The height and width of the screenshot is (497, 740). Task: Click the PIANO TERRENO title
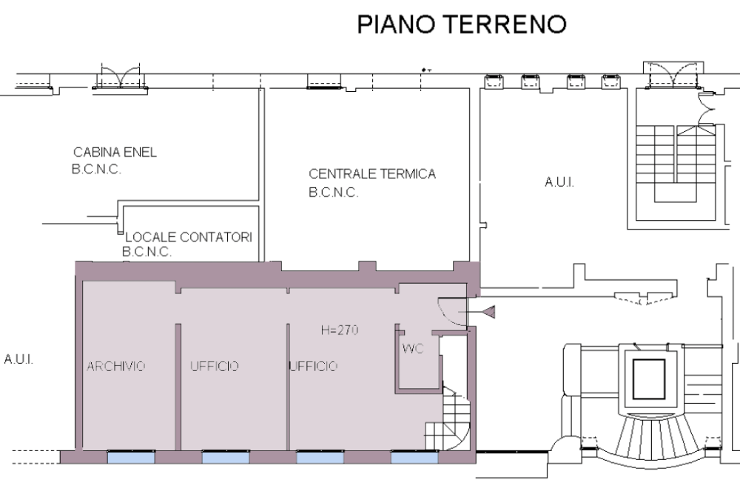pyautogui.click(x=462, y=24)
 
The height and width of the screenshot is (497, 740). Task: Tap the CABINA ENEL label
pyautogui.click(x=115, y=153)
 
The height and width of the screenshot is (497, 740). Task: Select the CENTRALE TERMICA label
pyautogui.click(x=372, y=174)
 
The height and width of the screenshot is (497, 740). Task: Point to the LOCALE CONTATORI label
pyautogui.click(x=189, y=237)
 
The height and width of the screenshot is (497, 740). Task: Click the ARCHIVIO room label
pyautogui.click(x=116, y=366)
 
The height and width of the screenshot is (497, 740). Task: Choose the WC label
pyautogui.click(x=413, y=349)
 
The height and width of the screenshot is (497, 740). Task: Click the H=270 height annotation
pyautogui.click(x=340, y=330)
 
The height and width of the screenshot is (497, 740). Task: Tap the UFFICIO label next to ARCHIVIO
pyautogui.click(x=215, y=366)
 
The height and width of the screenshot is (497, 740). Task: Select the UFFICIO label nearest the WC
pyautogui.click(x=313, y=366)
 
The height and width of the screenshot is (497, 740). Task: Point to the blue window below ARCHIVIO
pyautogui.click(x=131, y=457)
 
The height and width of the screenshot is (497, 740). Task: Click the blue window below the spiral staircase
pyautogui.click(x=414, y=457)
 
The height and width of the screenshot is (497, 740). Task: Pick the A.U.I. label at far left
pyautogui.click(x=18, y=359)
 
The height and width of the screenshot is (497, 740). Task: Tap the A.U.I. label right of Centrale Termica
pyautogui.click(x=559, y=182)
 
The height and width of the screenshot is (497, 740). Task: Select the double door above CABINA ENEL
pyautogui.click(x=121, y=76)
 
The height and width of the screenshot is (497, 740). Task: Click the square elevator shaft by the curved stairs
pyautogui.click(x=648, y=379)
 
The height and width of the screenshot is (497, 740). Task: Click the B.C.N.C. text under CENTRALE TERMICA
pyautogui.click(x=333, y=193)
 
